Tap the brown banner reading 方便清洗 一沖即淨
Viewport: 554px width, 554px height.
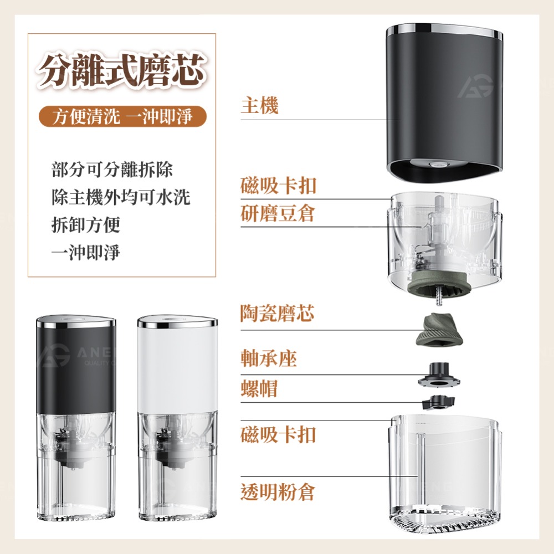tap(122, 117)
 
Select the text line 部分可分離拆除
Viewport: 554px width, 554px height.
tap(111, 169)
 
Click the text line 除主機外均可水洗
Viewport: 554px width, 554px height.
tap(120, 197)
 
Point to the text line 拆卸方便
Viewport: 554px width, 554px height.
tap(85, 225)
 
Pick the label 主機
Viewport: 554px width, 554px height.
tap(259, 105)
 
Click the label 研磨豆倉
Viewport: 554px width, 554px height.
tap(278, 213)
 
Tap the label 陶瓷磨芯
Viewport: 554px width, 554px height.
tap(278, 314)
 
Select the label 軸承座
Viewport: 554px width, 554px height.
tap(269, 358)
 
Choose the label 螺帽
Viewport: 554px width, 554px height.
tap(259, 388)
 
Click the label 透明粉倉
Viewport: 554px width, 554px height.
tap(278, 491)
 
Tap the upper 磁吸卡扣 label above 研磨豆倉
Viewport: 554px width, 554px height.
tap(278, 185)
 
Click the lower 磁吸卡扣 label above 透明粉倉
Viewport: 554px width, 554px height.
tap(278, 434)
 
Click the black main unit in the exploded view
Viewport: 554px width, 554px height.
tap(443, 100)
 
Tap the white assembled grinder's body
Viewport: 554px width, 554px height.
tap(177, 366)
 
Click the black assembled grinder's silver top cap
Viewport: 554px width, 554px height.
tap(76, 321)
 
